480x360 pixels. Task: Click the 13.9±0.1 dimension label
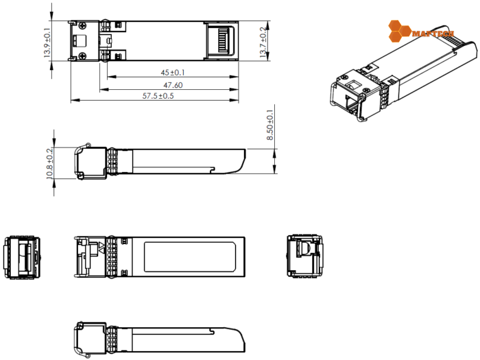point(47,42)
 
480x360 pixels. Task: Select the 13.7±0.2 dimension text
point(263,41)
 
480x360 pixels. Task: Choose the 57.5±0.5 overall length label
point(158,96)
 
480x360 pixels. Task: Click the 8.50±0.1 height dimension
point(269,125)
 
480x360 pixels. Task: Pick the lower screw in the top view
point(82,56)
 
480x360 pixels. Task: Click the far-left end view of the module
point(22,257)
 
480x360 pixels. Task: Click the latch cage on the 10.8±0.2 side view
point(88,162)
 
